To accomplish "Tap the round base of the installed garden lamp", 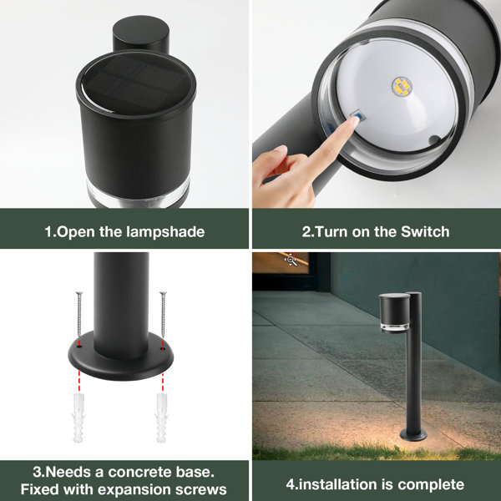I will pos(412,435).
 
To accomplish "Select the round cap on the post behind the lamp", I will pos(140,35).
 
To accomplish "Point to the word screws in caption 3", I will pos(201,489).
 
